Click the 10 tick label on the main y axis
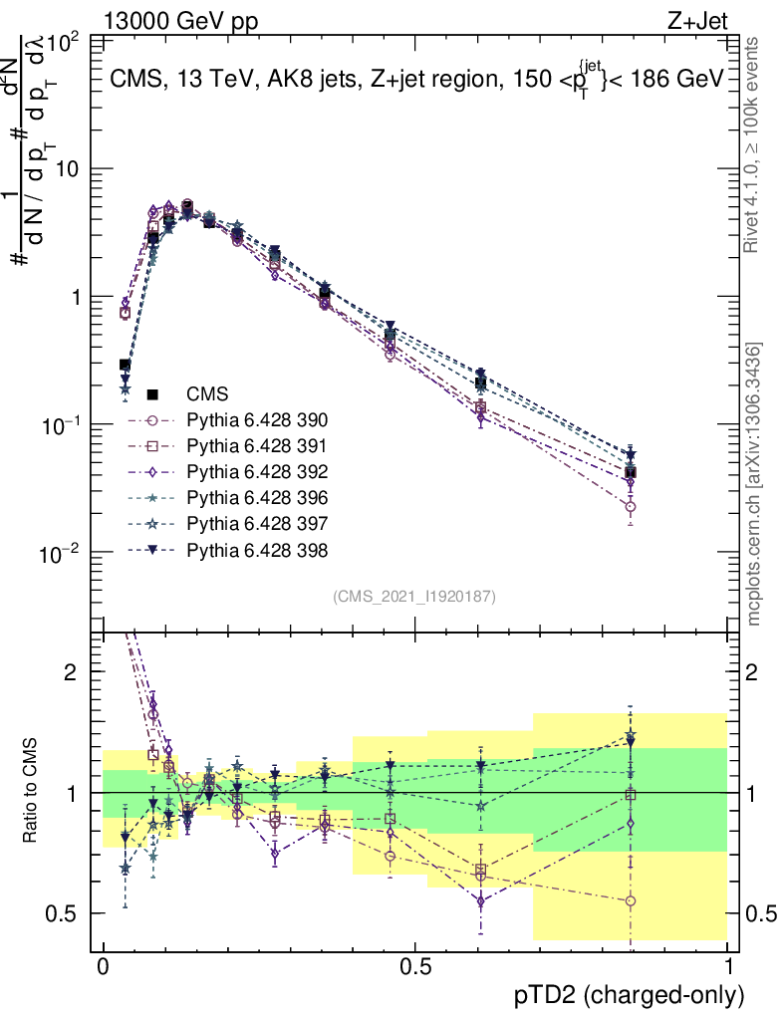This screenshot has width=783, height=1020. pyautogui.click(x=66, y=170)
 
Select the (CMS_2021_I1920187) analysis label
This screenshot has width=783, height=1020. pyautogui.click(x=414, y=596)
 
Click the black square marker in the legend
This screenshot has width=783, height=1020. pyautogui.click(x=153, y=393)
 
